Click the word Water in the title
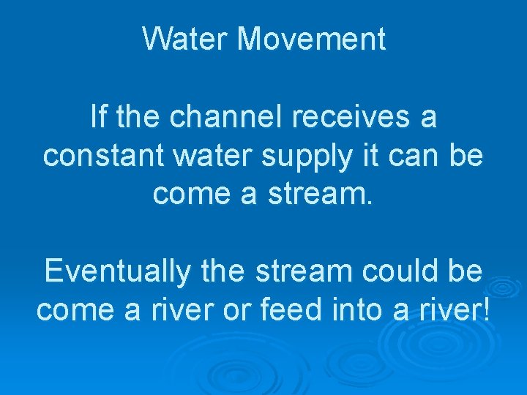(185, 38)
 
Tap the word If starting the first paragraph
(97, 117)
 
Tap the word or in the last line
(242, 310)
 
